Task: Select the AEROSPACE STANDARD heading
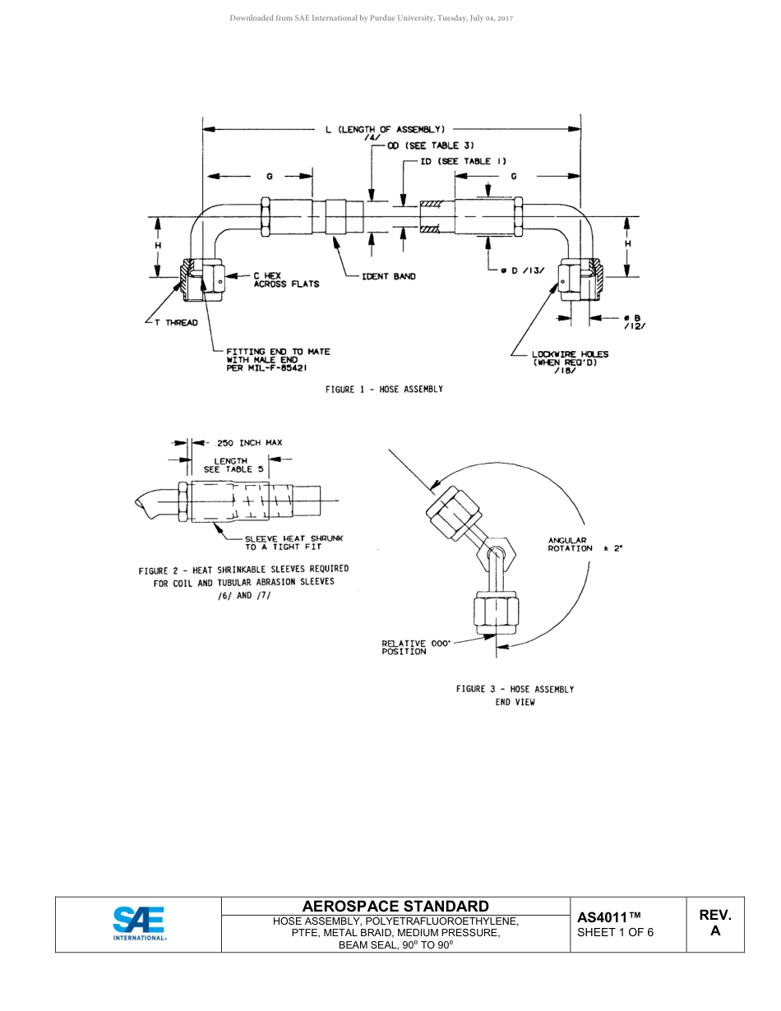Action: tap(395, 906)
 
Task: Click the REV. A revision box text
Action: tap(714, 923)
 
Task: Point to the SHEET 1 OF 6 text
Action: tap(615, 932)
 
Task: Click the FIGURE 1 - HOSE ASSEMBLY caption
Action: tap(384, 390)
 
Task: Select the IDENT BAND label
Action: tap(389, 277)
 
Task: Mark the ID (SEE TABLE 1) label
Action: tap(463, 161)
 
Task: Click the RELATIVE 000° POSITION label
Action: tap(416, 648)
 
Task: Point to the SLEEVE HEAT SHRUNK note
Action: tap(293, 542)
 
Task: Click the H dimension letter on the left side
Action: tap(158, 245)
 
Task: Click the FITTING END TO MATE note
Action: tap(278, 360)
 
